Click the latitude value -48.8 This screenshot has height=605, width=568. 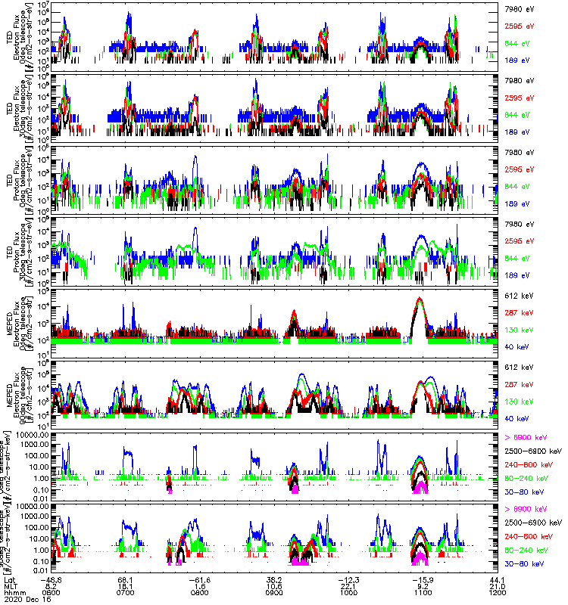[x=52, y=579]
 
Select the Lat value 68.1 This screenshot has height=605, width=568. [x=126, y=579]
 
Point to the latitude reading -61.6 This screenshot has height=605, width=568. [x=198, y=579]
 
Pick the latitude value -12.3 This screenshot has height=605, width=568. [x=346, y=579]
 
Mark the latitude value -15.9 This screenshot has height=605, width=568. [x=420, y=579]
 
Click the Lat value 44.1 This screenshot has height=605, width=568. [x=495, y=579]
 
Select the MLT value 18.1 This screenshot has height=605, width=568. [x=126, y=585]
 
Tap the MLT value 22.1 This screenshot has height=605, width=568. [x=348, y=585]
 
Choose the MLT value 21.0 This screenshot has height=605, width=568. [x=495, y=585]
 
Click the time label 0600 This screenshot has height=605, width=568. [x=52, y=592]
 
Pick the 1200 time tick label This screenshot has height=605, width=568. [x=495, y=592]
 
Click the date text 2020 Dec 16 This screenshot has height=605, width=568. [x=23, y=599]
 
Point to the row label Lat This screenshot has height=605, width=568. [x=9, y=579]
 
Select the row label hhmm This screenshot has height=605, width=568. [x=11, y=592]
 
